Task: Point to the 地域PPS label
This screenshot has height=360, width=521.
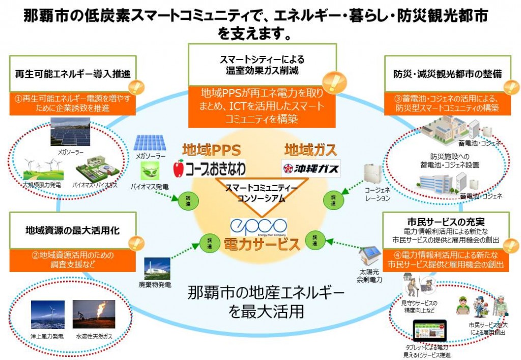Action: (211, 150)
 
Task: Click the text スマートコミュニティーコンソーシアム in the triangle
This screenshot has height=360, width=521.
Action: (260, 193)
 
